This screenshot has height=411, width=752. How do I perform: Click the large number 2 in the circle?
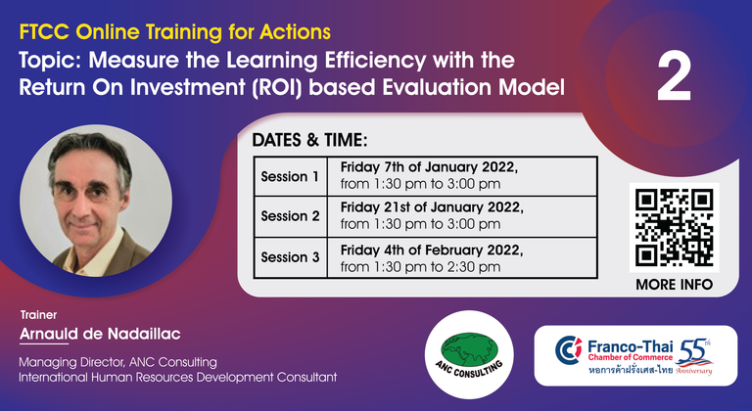(x=674, y=76)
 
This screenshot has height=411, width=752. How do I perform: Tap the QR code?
(x=674, y=227)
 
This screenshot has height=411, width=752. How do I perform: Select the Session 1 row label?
(x=290, y=176)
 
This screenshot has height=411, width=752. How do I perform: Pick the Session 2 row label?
(x=290, y=216)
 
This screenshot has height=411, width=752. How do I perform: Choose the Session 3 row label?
(x=290, y=257)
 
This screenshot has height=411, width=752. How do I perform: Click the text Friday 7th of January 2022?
(x=429, y=167)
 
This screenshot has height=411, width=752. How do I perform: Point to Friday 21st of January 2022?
(x=432, y=207)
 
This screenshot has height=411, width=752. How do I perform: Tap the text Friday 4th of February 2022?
(x=432, y=251)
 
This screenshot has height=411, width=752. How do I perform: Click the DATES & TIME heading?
(x=309, y=140)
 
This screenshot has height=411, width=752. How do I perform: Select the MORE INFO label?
(x=674, y=285)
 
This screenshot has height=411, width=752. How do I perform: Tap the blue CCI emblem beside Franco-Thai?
(x=569, y=350)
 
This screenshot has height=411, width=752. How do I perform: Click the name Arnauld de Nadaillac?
(x=100, y=334)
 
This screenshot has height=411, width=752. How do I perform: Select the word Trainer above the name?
(x=38, y=315)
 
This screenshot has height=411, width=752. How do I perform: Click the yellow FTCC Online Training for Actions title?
(x=175, y=32)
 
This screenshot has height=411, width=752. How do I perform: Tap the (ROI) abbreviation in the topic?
(x=278, y=88)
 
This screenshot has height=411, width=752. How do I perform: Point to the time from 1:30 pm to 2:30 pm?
(x=421, y=266)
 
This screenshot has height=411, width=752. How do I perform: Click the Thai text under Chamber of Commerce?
(x=631, y=370)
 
